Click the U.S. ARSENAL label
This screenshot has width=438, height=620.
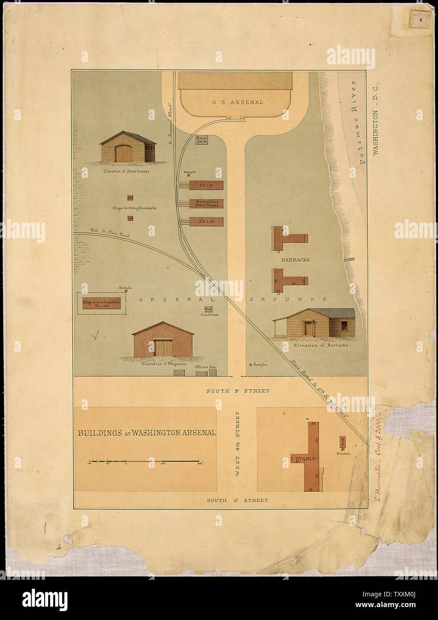click(238, 102)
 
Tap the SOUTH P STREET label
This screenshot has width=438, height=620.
click(238, 391)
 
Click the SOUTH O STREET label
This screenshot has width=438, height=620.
click(238, 500)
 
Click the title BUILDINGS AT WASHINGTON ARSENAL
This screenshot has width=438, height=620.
click(147, 433)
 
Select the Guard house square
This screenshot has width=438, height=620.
click(208, 309)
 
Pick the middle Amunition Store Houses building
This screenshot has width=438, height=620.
click(206, 203)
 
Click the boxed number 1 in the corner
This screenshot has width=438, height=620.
click(421, 20)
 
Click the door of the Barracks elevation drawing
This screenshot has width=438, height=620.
click(308, 328)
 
